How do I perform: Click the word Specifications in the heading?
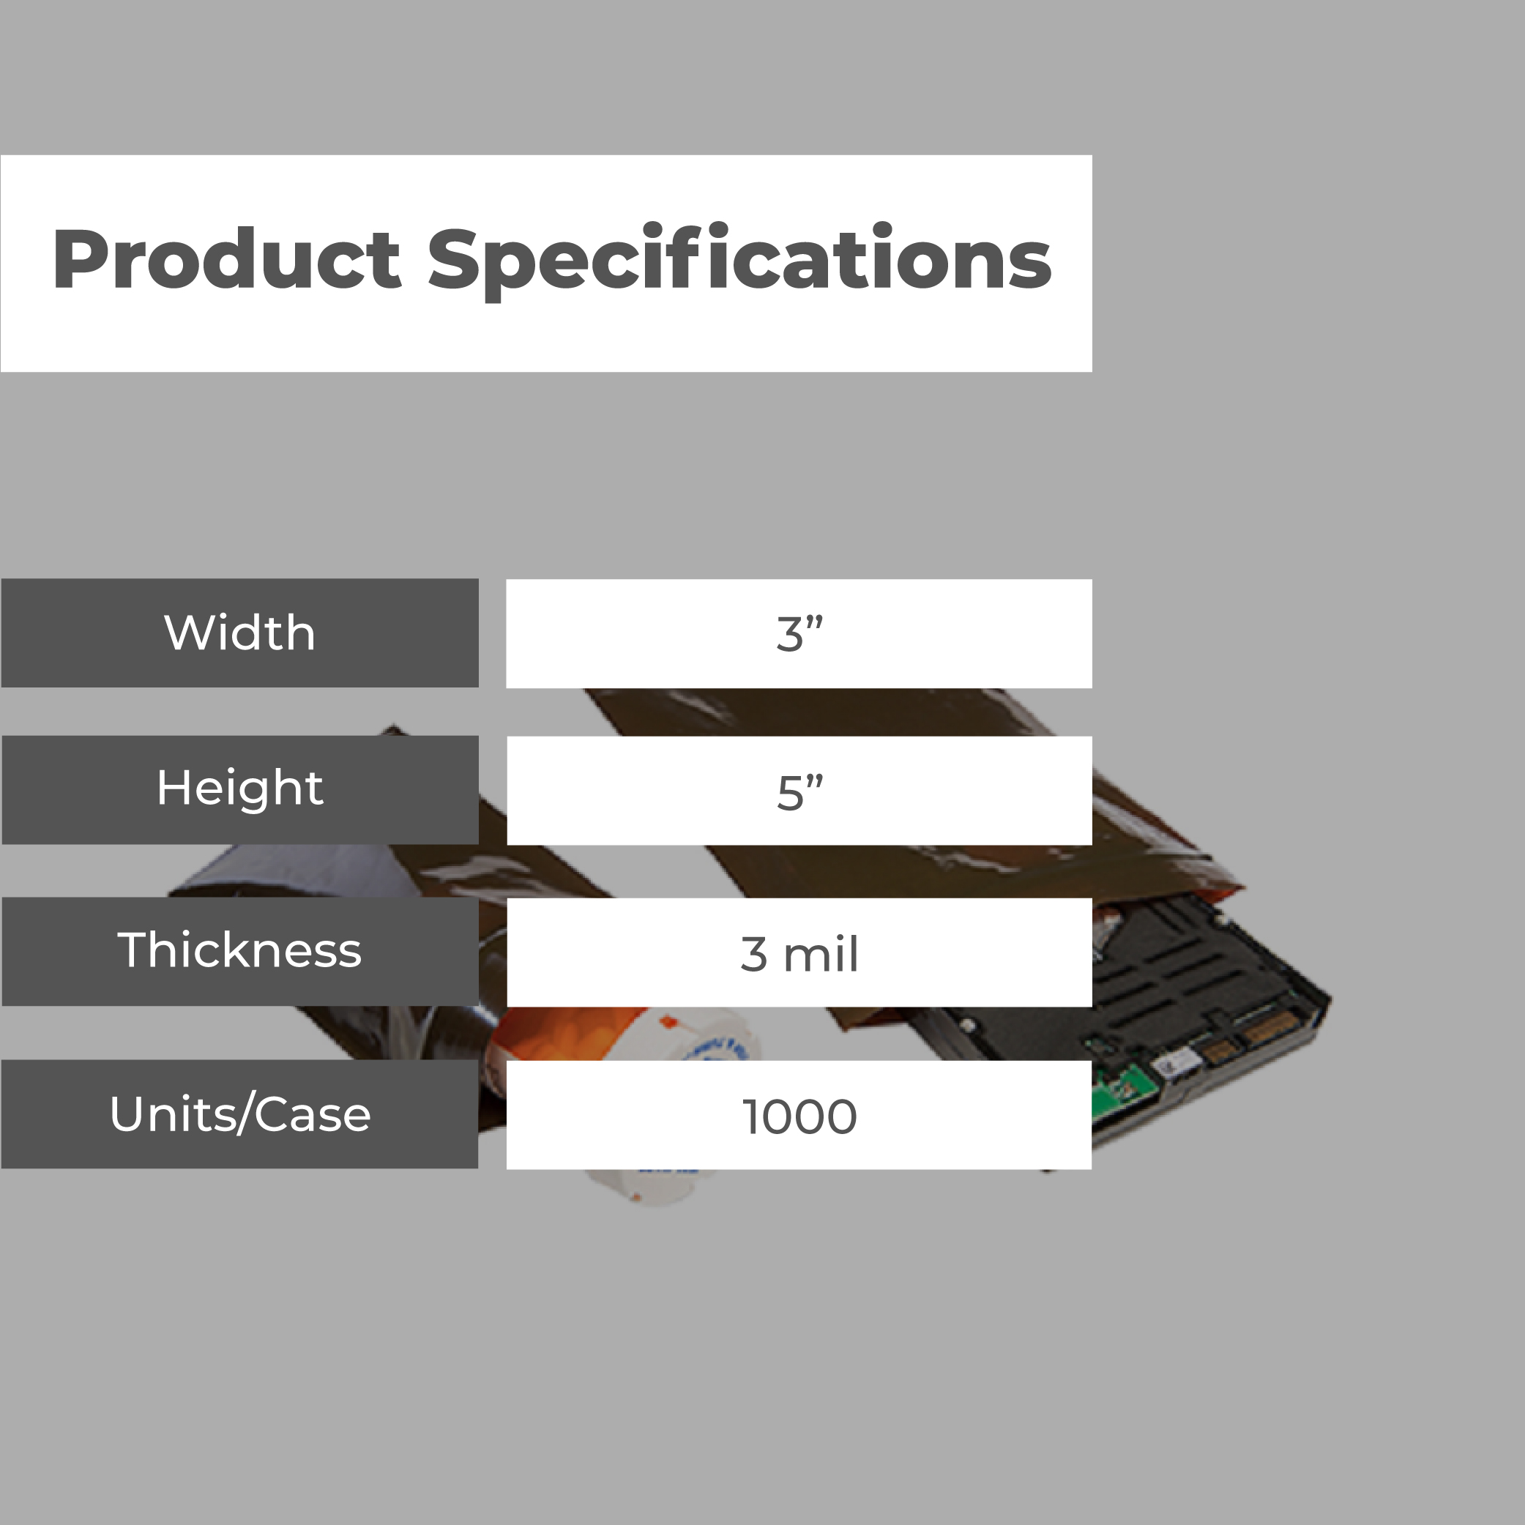point(739,261)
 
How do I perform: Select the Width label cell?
point(240,633)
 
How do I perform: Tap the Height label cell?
point(240,789)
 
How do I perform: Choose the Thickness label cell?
point(240,951)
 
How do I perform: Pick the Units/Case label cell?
point(240,1114)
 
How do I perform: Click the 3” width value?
point(799,634)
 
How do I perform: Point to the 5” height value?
point(799,791)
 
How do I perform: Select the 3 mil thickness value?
point(799,953)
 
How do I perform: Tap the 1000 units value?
point(799,1116)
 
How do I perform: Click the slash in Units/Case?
point(244,1114)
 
